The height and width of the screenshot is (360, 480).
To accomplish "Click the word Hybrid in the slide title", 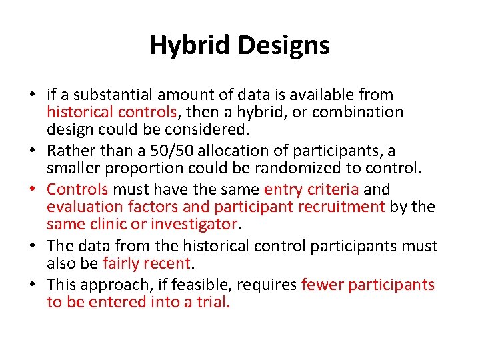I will tap(190, 46).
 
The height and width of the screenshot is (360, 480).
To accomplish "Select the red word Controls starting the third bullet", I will tap(77, 189).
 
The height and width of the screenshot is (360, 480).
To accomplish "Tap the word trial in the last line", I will tap(214, 302).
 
